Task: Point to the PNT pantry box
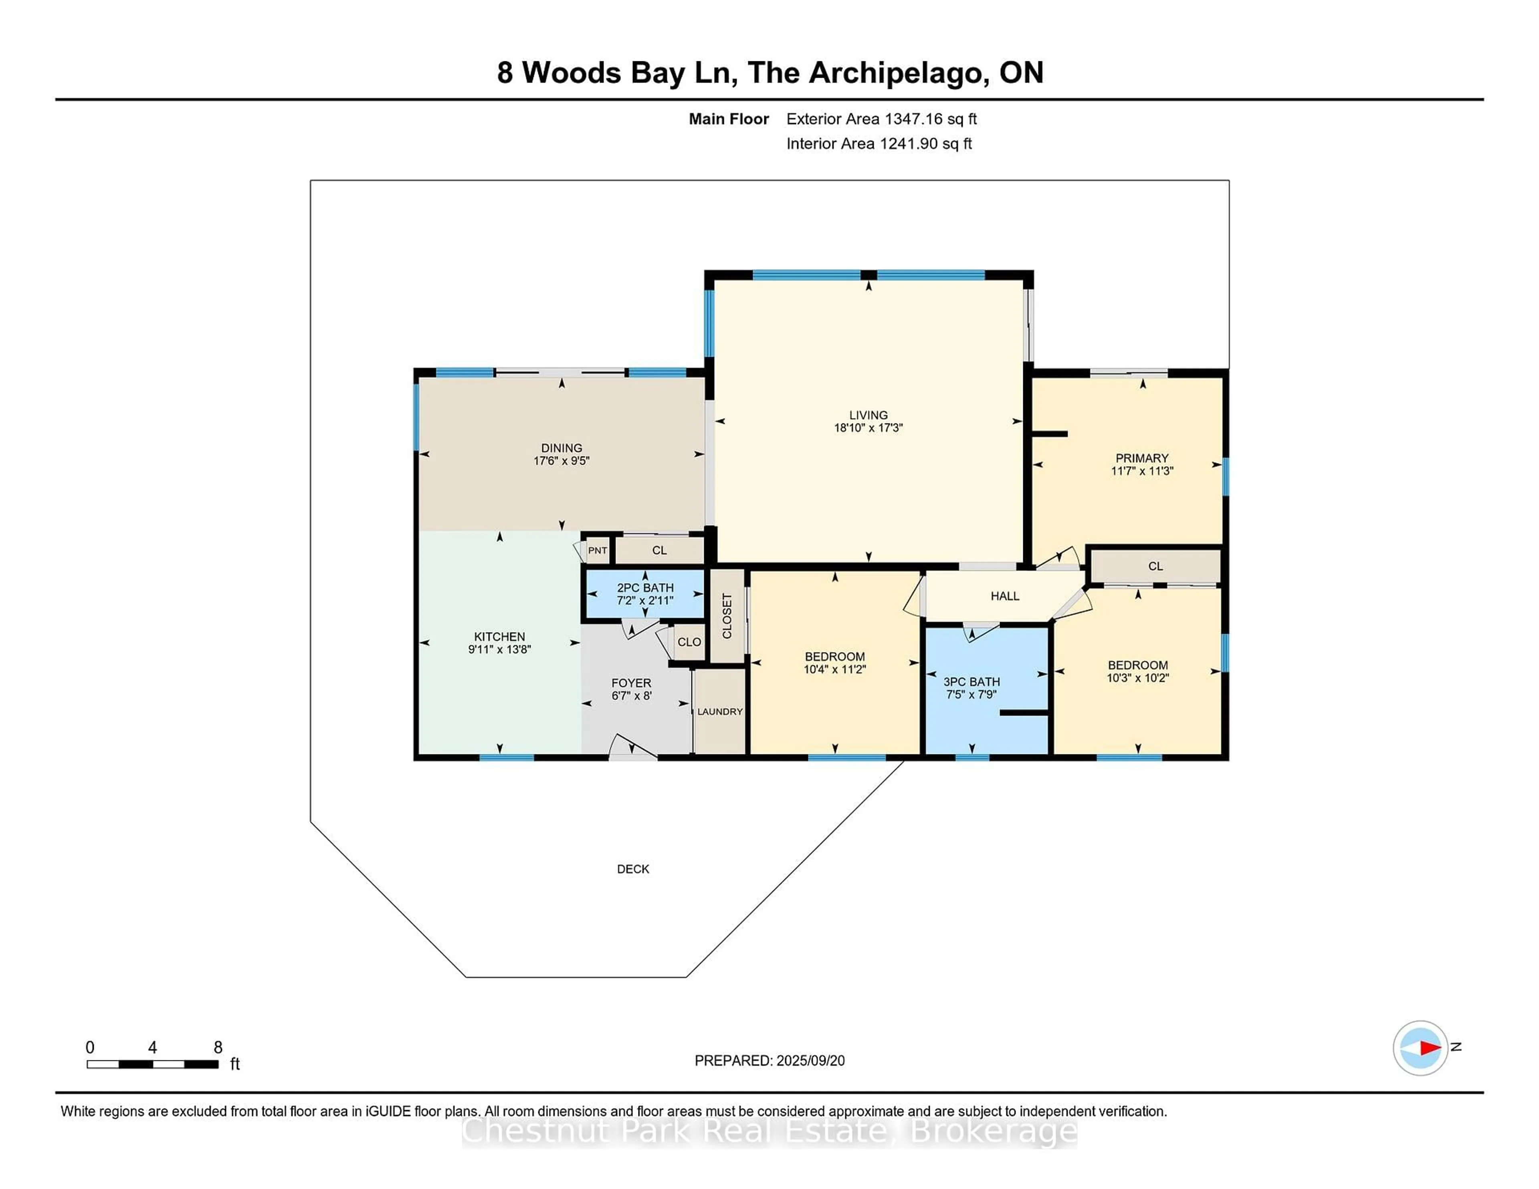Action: pyautogui.click(x=598, y=550)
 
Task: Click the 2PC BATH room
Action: pyautogui.click(x=645, y=594)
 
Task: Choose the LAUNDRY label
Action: pyautogui.click(x=719, y=711)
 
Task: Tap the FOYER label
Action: pyautogui.click(x=631, y=683)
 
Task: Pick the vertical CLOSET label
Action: pyautogui.click(x=727, y=616)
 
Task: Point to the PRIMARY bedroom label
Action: pyautogui.click(x=1141, y=458)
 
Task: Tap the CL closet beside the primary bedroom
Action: pyautogui.click(x=1155, y=566)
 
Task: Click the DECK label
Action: pyautogui.click(x=633, y=869)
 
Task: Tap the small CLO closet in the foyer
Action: pyautogui.click(x=689, y=642)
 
